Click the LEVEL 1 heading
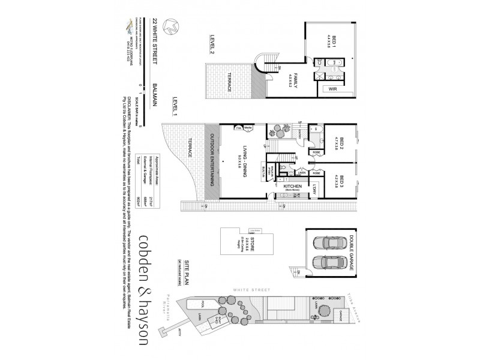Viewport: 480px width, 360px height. point(175,106)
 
